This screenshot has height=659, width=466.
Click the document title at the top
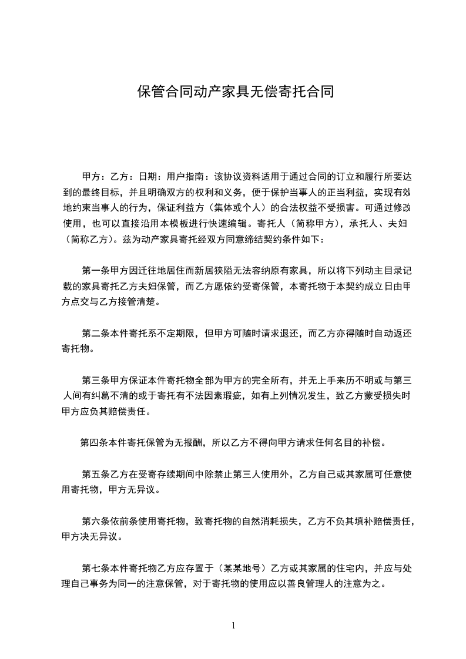click(x=236, y=92)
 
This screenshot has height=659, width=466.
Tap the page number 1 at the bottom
click(x=233, y=626)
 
